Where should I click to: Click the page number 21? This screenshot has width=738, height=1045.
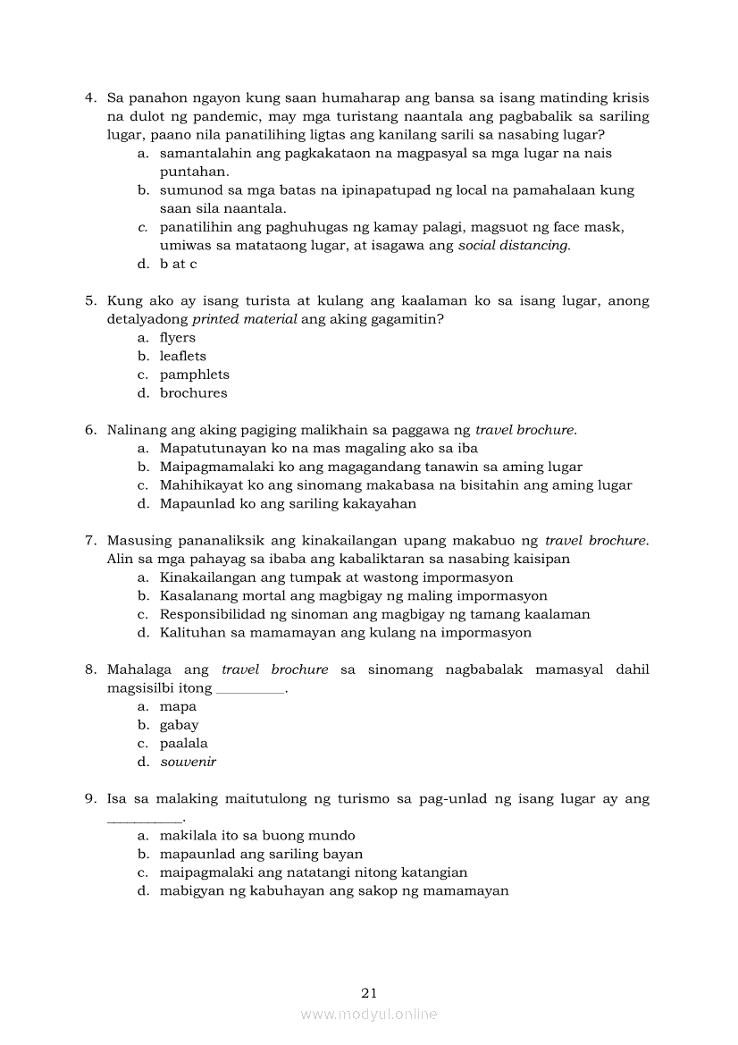coord(369,992)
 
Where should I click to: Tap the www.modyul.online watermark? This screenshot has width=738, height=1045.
coord(369,1015)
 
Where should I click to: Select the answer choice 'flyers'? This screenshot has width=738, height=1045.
coord(177,338)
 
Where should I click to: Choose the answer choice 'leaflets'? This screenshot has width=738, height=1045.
coord(182,356)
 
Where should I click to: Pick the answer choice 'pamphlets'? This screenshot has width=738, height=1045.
coord(194,375)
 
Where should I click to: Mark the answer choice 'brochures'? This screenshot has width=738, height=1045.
coord(193,393)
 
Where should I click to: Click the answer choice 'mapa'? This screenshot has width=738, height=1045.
coord(178,707)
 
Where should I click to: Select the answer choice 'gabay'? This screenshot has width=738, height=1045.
coord(179,725)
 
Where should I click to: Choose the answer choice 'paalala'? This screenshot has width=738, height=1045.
coord(183,744)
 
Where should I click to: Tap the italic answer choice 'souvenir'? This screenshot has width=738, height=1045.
coord(188,763)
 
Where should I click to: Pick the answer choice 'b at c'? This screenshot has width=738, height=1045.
coord(178,264)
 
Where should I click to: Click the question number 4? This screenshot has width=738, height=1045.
coord(90,97)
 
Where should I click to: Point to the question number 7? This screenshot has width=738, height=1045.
coord(90,540)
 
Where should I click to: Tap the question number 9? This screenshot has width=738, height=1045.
coord(90,798)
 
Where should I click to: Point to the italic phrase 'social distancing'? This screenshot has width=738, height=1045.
coord(513,246)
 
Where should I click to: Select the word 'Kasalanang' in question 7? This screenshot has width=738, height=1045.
coord(196,595)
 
